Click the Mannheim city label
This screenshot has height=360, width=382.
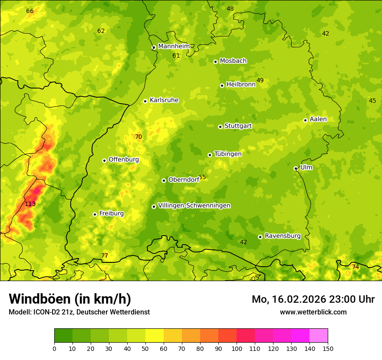click(174, 46)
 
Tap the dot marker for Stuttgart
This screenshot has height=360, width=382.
click(220, 127)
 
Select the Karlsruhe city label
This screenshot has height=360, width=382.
click(164, 100)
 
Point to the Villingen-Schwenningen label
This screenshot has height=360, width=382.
click(194, 206)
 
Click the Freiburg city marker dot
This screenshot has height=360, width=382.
click(95, 214)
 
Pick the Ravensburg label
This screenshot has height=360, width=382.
click(282, 236)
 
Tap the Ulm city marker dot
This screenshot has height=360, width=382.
click(296, 168)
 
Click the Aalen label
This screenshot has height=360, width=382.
click(318, 119)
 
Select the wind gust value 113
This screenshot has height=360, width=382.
click(30, 204)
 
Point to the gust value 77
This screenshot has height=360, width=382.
click(105, 255)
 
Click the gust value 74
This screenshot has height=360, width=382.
click(356, 267)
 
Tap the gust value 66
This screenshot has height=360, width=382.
click(30, 11)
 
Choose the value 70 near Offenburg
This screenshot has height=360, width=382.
click(138, 137)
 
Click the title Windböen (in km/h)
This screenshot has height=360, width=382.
click(69, 299)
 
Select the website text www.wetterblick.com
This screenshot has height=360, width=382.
click(313, 312)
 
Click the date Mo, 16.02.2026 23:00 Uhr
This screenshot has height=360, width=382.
click(313, 299)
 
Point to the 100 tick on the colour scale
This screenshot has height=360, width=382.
click(237, 348)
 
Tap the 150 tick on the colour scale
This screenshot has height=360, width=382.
click(327, 348)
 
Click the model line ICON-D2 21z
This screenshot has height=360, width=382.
click(79, 312)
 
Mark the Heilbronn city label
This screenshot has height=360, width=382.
click(240, 85)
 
